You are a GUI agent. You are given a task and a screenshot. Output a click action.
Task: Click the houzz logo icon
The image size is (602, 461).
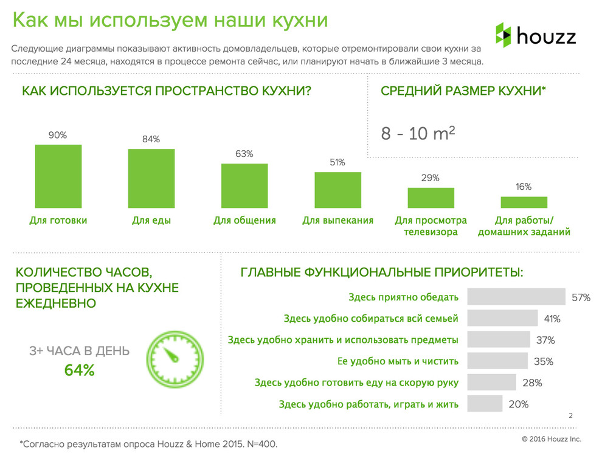tap(503, 35)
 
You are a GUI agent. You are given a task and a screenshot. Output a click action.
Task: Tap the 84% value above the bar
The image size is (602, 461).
tap(151, 139)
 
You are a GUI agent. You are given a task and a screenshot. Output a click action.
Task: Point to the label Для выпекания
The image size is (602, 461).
tap(337, 221)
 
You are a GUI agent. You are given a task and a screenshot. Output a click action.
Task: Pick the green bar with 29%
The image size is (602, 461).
tap(431, 198)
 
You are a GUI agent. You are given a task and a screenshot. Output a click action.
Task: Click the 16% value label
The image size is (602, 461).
tap(524, 187)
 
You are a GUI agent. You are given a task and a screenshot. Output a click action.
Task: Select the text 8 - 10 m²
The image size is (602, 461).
tap(418, 133)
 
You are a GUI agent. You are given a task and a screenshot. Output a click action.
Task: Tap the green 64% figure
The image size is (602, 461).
tap(80, 370)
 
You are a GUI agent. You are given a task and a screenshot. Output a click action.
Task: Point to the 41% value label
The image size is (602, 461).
tap(552, 319)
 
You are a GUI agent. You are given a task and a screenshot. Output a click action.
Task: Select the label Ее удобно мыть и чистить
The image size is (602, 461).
tap(398, 361)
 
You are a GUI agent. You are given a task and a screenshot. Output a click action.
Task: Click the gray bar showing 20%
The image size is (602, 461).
tap(485, 404)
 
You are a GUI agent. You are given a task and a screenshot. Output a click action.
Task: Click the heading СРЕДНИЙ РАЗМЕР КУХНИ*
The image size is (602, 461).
tap(463, 91)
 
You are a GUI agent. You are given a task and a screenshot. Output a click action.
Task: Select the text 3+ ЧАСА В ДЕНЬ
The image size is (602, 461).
tap(80, 351)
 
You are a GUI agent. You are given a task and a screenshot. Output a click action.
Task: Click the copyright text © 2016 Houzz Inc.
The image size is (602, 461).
tap(551, 438)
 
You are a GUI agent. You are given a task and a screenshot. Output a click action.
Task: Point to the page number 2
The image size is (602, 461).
tap(570, 416)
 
